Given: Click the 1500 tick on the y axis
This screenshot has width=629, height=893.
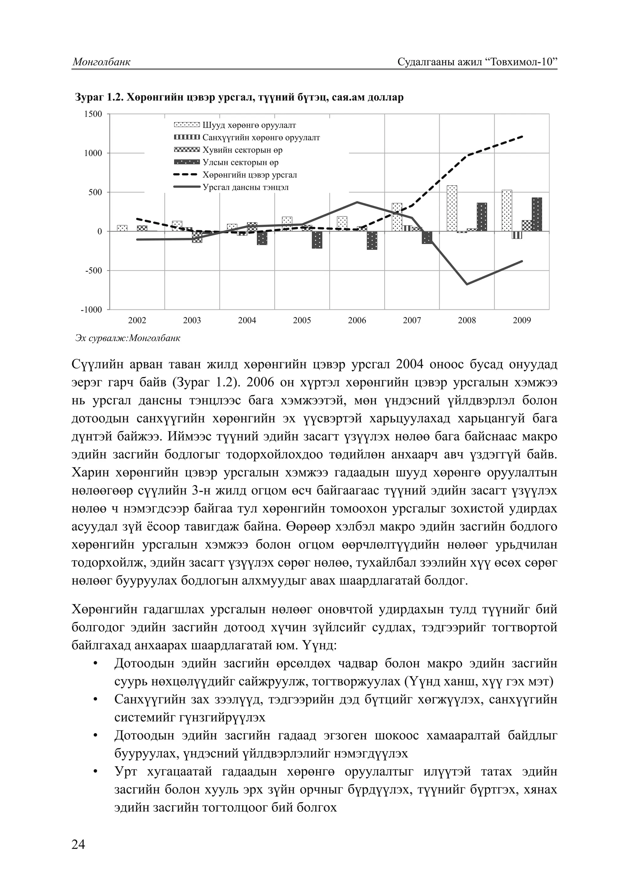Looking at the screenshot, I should (93, 114).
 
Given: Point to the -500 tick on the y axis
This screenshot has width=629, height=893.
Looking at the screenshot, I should (93, 270).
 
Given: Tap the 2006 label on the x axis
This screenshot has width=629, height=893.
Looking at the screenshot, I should (357, 320).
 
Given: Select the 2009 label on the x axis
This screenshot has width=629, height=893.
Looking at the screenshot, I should (522, 320).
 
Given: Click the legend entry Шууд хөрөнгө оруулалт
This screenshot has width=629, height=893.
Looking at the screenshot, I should (249, 125).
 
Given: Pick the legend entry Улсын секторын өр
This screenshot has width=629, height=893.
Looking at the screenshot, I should (240, 163).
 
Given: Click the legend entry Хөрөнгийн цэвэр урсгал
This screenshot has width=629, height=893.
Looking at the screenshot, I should (249, 175).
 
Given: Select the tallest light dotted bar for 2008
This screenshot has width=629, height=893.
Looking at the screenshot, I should (452, 208).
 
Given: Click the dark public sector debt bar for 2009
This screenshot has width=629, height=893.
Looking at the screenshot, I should (537, 214).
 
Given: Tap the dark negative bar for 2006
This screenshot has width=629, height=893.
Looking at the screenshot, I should (372, 240).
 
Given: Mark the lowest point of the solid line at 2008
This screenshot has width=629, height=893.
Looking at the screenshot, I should (467, 284).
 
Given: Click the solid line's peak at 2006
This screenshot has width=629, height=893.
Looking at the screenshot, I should (357, 202).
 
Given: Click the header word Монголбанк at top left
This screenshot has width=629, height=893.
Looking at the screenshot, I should (101, 62).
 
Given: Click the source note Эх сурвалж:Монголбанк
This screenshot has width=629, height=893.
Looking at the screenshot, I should (128, 338).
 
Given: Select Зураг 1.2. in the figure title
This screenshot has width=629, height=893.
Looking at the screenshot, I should (97, 97).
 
